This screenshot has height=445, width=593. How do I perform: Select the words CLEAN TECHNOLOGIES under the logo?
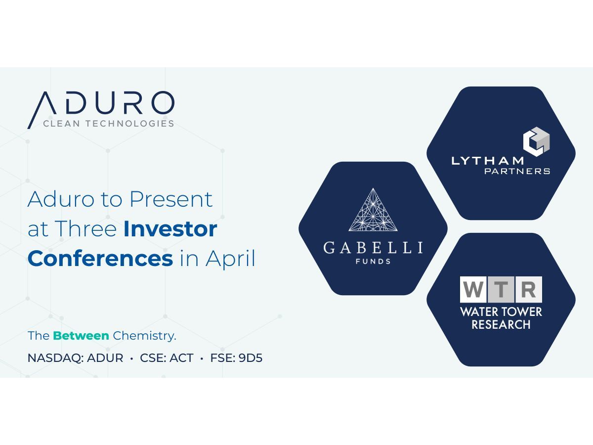(x=109, y=124)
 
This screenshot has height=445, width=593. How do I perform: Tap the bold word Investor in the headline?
(x=170, y=228)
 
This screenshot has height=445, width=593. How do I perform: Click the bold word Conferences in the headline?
(x=100, y=258)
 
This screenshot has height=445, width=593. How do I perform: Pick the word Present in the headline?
(x=171, y=199)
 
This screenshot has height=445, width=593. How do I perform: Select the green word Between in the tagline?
(x=81, y=336)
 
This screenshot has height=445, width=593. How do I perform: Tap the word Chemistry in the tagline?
(x=144, y=336)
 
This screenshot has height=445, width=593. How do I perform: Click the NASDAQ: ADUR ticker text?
(x=76, y=358)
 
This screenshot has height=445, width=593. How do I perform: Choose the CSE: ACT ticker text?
(x=167, y=358)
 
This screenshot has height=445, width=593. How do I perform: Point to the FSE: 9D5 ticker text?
(x=236, y=358)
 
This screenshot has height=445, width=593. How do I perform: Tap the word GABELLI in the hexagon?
(x=373, y=247)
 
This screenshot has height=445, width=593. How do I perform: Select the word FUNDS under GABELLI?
(x=373, y=261)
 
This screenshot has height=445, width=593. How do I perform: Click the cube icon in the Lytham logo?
(x=536, y=141)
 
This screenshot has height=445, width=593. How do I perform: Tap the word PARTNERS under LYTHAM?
(x=517, y=171)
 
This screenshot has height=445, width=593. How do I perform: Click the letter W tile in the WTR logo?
(x=473, y=289)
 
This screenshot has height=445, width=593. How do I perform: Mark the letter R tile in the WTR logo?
(x=529, y=289)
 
